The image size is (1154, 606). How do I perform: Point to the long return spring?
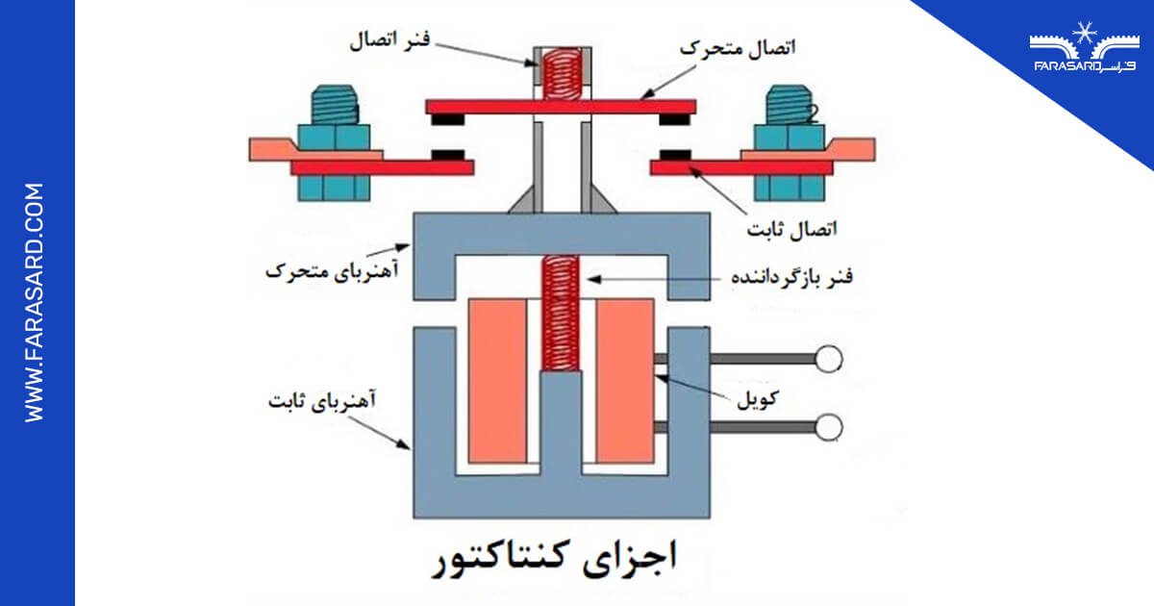coord(559,313)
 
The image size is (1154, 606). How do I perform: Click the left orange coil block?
coord(497,380)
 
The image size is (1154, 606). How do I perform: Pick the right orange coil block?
coord(625,380)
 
